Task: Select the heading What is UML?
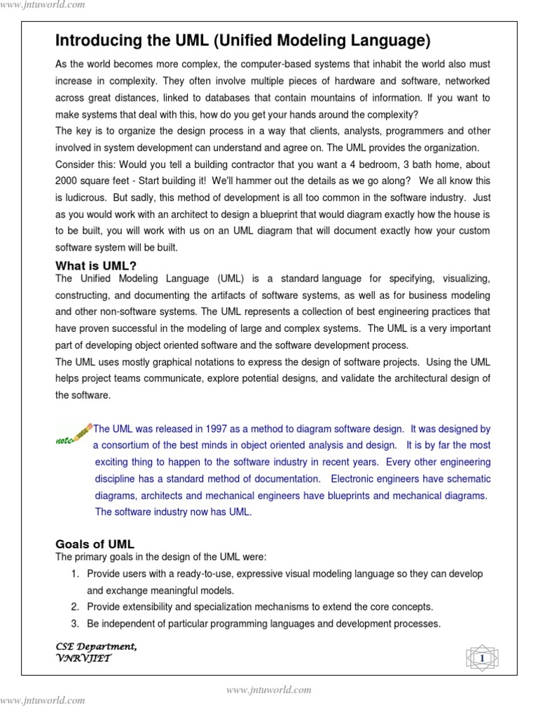(96, 265)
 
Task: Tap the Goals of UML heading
(95, 544)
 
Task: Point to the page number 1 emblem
(481, 658)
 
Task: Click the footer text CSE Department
(95, 646)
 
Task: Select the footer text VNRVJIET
(83, 658)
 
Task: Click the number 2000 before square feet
(68, 181)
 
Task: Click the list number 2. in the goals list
(75, 606)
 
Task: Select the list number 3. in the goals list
(75, 623)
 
